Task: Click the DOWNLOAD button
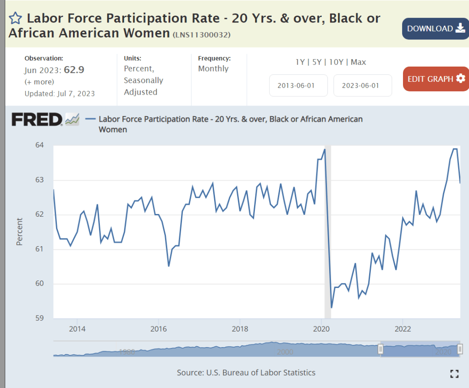[436, 28]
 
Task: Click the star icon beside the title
[16, 18]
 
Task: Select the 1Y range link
[300, 62]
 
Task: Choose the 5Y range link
[316, 62]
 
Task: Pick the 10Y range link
[336, 62]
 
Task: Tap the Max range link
[359, 62]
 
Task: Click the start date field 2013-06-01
[298, 85]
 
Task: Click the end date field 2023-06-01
[362, 85]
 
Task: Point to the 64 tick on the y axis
[39, 146]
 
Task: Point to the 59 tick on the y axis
[39, 318]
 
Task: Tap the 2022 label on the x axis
[403, 329]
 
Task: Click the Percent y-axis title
[20, 232]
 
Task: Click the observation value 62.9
[74, 70]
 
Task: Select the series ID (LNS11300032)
[201, 35]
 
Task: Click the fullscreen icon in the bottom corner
[454, 373]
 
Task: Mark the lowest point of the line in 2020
[331, 307]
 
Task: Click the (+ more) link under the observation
[39, 82]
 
